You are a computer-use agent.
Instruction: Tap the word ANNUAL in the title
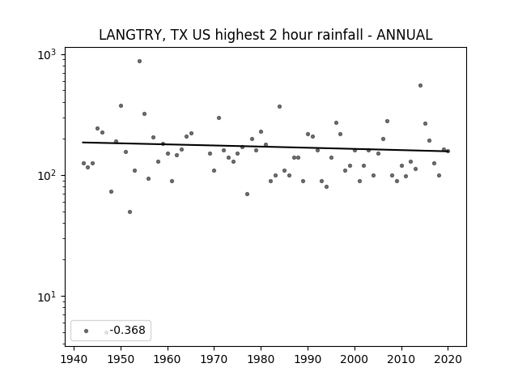[405, 35]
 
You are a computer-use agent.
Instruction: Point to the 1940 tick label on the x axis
[74, 359]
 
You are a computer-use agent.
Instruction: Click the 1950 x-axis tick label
[121, 359]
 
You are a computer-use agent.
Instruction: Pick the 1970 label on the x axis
[214, 359]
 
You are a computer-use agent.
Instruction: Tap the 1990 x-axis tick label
[308, 359]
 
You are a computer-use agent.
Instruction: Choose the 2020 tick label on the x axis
[448, 359]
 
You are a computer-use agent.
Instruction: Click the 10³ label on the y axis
[47, 54]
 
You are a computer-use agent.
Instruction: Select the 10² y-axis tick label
[47, 175]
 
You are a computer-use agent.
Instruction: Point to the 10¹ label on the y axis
[47, 297]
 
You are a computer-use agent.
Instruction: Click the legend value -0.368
[128, 330]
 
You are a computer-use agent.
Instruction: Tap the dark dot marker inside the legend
[87, 331]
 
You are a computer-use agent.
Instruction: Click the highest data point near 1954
[139, 62]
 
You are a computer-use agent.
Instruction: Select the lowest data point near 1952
[129, 212]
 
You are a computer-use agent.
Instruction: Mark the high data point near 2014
[420, 85]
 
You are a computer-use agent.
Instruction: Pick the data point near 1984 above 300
[279, 106]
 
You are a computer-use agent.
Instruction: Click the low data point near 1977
[247, 194]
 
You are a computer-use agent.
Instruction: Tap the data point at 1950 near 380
[121, 106]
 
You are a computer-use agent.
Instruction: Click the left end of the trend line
[83, 143]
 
